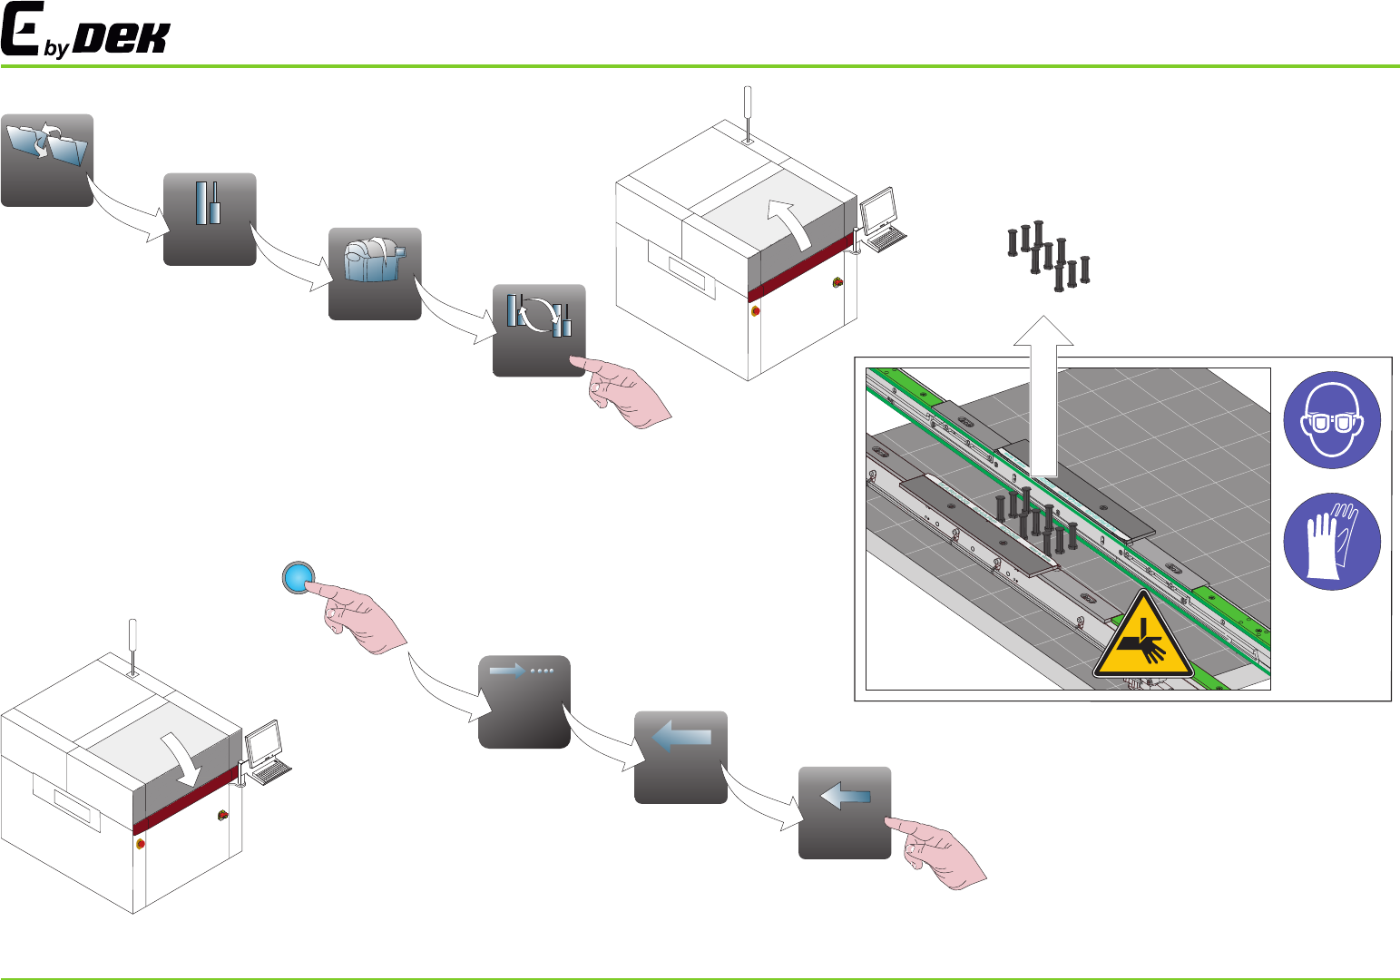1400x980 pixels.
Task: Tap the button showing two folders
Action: point(47,160)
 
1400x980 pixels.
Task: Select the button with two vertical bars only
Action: point(210,219)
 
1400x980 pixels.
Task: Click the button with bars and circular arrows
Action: point(539,329)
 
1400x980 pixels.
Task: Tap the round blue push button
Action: point(298,577)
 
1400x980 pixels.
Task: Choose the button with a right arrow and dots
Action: point(524,701)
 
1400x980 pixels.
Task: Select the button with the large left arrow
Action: point(680,757)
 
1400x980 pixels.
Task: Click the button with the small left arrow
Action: point(845,812)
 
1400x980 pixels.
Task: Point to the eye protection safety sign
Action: point(1332,420)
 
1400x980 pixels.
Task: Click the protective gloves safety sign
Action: point(1332,541)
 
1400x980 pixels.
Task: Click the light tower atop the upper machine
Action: point(748,113)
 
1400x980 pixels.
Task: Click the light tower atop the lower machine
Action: point(132,647)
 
